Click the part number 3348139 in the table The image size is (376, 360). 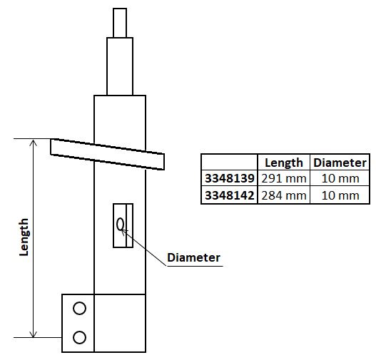tap(230, 178)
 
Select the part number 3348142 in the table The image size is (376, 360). tap(230, 195)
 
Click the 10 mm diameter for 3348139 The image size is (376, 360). tap(340, 178)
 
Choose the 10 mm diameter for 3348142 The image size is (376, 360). tap(340, 195)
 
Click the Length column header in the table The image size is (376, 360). tap(283, 163)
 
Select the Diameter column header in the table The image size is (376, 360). tap(340, 163)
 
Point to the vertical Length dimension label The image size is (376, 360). tap(24, 237)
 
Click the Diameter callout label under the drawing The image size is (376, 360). tap(193, 257)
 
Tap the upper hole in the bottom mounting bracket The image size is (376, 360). tap(79, 308)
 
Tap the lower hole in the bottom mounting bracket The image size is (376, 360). tap(79, 336)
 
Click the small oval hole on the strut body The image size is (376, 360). tap(121, 225)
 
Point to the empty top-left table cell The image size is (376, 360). tap(230, 163)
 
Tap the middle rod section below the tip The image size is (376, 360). tap(119, 66)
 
